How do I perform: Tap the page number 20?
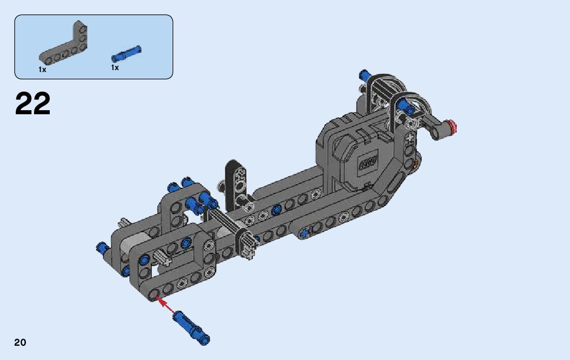[x=20, y=342]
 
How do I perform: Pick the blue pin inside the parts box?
[x=126, y=53]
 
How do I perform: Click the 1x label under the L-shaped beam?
[x=42, y=70]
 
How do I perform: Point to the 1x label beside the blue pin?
[x=115, y=68]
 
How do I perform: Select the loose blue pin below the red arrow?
[x=191, y=328]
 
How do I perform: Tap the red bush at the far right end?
[x=452, y=127]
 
